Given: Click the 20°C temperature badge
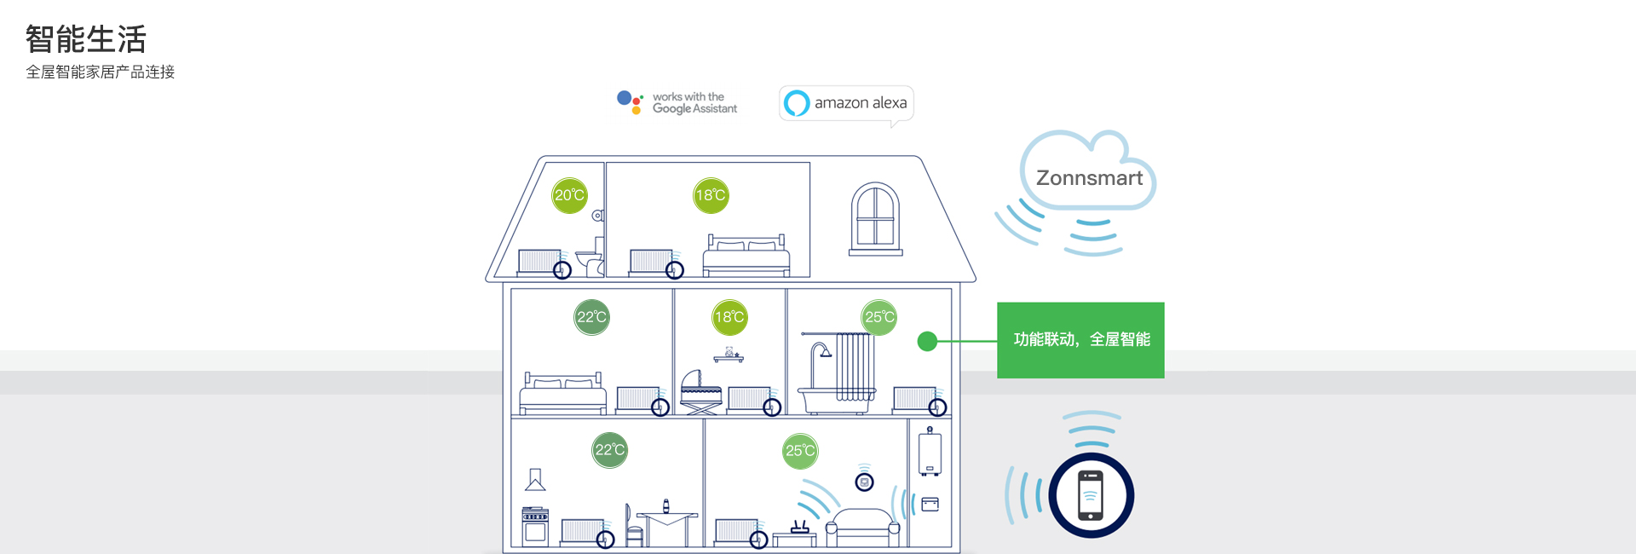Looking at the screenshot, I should click(x=570, y=195).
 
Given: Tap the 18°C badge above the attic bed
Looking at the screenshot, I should click(x=711, y=195).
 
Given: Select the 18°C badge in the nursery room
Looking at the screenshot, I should click(x=729, y=317).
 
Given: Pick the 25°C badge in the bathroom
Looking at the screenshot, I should click(x=879, y=317).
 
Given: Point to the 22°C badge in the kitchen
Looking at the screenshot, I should click(x=610, y=450).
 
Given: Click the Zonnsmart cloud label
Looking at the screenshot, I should click(x=1089, y=177).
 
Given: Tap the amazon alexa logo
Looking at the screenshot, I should click(x=846, y=103).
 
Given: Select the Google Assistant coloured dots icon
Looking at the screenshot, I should click(x=631, y=102).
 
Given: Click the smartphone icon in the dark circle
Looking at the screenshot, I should click(x=1091, y=495).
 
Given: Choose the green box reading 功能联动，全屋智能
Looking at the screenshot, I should click(x=1080, y=340).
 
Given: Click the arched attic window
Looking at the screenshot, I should click(x=875, y=218).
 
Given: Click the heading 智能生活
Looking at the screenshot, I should click(x=86, y=39).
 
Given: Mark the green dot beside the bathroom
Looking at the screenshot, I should click(x=927, y=342).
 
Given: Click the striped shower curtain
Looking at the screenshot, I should click(x=855, y=366).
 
